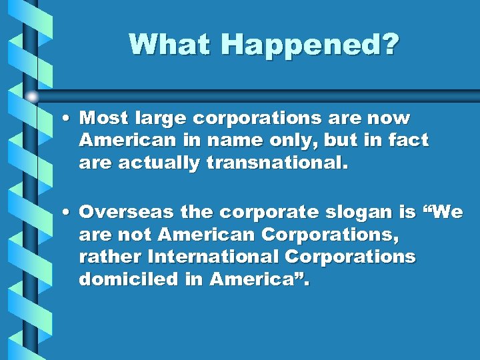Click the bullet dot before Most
(69, 119)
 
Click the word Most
(104, 118)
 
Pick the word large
(161, 119)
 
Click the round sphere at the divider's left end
(32, 97)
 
